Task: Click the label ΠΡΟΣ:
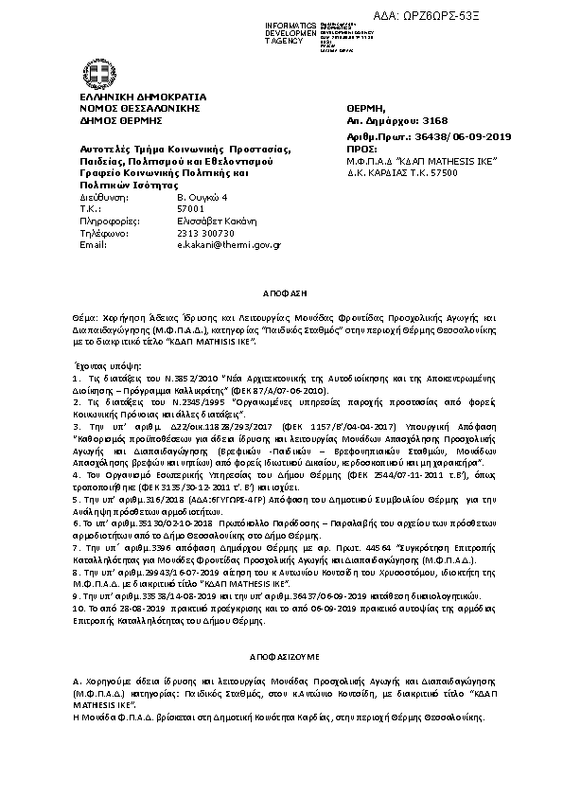[x=361, y=150]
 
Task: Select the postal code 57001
[x=190, y=208]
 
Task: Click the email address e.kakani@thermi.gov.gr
[x=228, y=244]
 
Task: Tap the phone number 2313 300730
[x=205, y=232]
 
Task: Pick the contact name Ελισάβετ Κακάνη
[x=211, y=221]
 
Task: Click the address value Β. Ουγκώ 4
[x=202, y=197]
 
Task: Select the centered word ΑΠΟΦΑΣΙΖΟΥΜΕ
[x=280, y=655]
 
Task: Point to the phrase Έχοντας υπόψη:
[x=106, y=363]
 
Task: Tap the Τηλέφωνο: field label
[x=103, y=232]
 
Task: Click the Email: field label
[x=93, y=244]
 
